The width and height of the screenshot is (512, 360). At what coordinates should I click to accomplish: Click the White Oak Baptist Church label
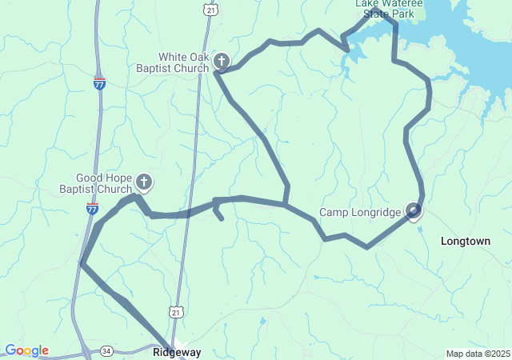pos(184,62)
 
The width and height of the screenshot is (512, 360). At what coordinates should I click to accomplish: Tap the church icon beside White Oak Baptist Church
pos(221,61)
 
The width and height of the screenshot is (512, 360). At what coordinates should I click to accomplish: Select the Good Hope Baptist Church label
pos(103,183)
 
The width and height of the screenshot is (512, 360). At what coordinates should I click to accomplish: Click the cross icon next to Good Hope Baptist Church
pos(144,182)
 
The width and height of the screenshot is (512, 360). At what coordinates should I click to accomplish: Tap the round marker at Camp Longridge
pos(414,210)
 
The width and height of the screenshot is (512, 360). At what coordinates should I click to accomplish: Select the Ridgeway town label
pos(177,352)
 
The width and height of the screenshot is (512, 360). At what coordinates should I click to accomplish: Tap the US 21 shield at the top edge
pos(210,8)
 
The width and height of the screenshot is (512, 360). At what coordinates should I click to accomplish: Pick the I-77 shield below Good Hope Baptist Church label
pos(93,209)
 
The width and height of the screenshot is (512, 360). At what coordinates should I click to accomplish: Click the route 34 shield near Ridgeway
pos(106,350)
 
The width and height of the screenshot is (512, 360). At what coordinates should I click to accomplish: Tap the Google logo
pos(26,350)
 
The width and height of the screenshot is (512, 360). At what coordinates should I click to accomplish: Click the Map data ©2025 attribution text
pos(477,354)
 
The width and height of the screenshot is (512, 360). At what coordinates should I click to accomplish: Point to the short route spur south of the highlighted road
pos(219,214)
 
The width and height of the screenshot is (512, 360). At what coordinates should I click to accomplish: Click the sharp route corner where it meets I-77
pos(82,263)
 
